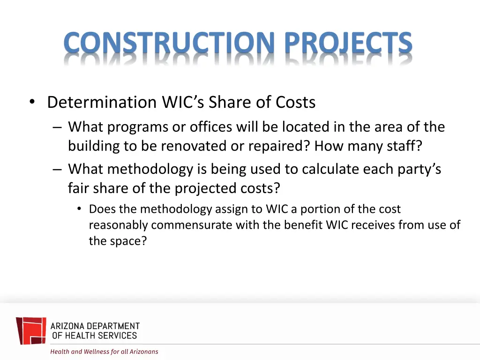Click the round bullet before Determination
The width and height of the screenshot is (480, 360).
click(32, 103)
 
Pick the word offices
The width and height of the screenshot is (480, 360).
click(211, 127)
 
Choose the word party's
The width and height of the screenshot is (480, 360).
click(419, 169)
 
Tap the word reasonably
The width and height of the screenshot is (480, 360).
click(119, 225)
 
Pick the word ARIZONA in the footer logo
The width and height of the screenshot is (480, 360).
click(68, 326)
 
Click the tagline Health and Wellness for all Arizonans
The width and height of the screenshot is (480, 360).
click(104, 352)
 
